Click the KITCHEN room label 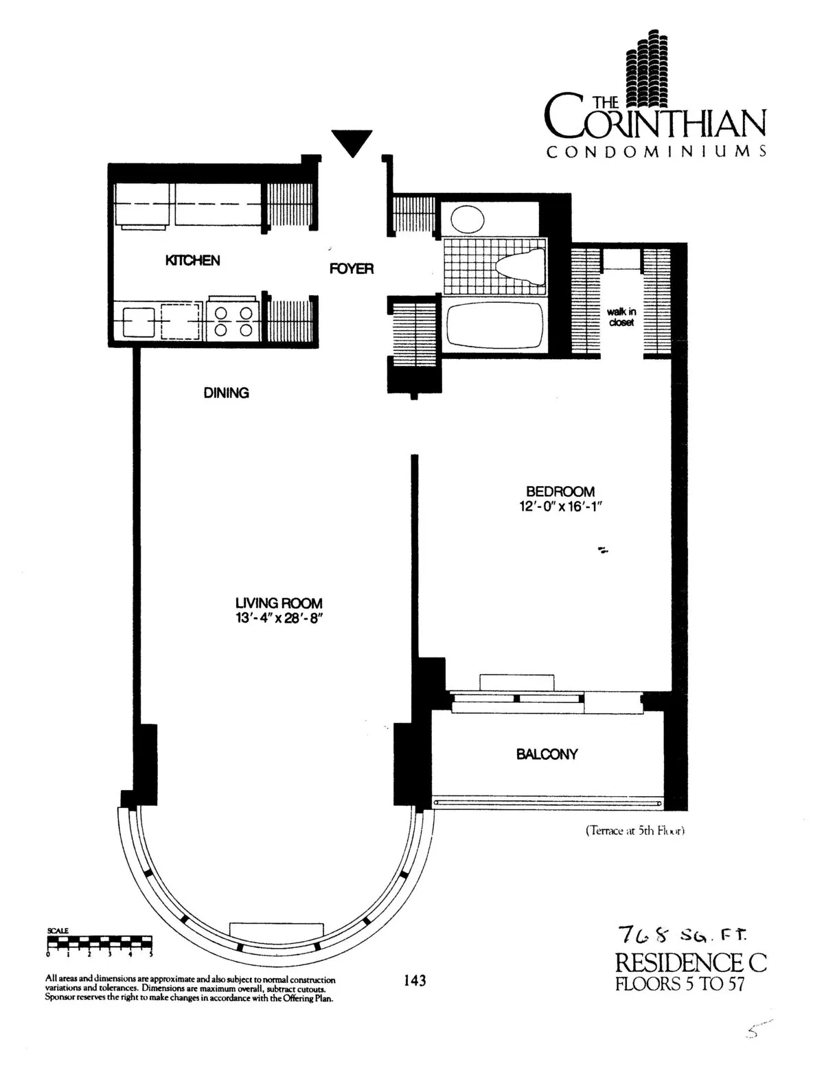(192, 260)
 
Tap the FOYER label (352, 268)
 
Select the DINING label (226, 393)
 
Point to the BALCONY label (547, 754)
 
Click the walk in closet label (621, 317)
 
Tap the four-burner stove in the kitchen (233, 320)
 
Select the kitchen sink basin (139, 321)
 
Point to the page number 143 (415, 980)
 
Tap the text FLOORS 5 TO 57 (680, 984)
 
